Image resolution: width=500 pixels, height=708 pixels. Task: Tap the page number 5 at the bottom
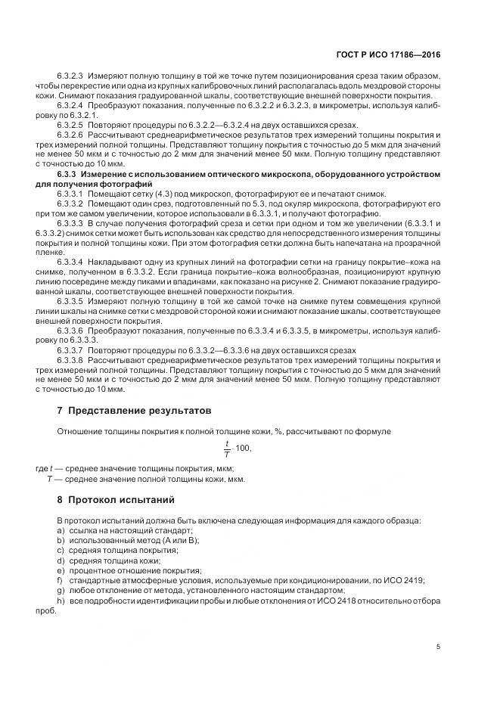pos(438,647)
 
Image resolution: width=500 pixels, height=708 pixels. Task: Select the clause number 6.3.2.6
pos(70,134)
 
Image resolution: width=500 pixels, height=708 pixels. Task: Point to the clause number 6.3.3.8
pos(70,360)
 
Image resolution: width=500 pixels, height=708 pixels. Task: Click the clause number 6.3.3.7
pos(70,350)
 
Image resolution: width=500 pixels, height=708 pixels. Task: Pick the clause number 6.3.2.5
pos(70,124)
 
